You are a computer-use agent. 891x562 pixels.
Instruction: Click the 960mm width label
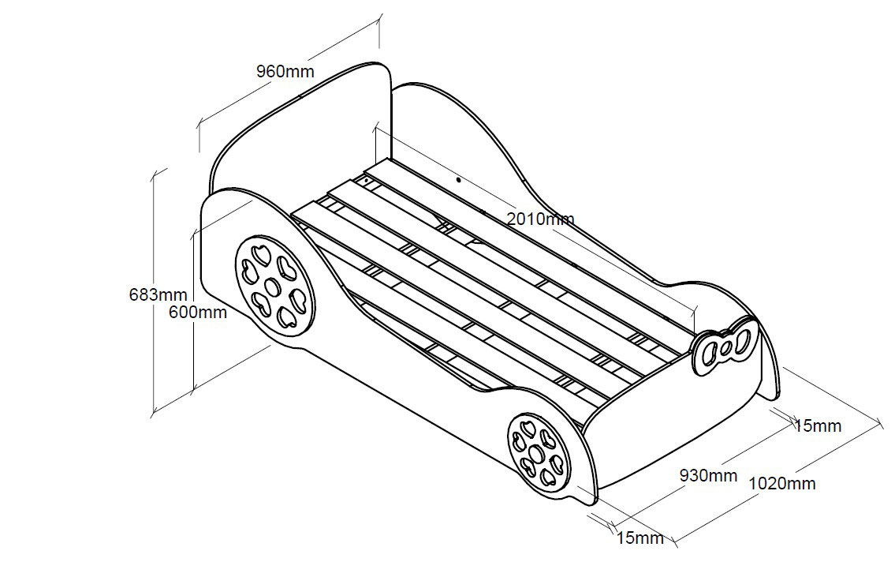(x=285, y=71)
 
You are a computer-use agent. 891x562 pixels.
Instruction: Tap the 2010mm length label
(x=540, y=219)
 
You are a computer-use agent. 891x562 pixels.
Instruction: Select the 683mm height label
(x=158, y=295)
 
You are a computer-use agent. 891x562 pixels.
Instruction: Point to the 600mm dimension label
(x=198, y=312)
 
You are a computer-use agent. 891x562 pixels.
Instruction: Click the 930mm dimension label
(x=708, y=475)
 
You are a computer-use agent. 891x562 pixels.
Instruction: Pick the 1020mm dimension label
(x=781, y=483)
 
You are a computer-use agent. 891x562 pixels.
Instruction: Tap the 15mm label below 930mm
(x=639, y=538)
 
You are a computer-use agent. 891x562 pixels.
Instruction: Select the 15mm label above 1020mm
(x=818, y=426)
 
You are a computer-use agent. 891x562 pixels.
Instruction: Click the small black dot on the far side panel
(x=458, y=179)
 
